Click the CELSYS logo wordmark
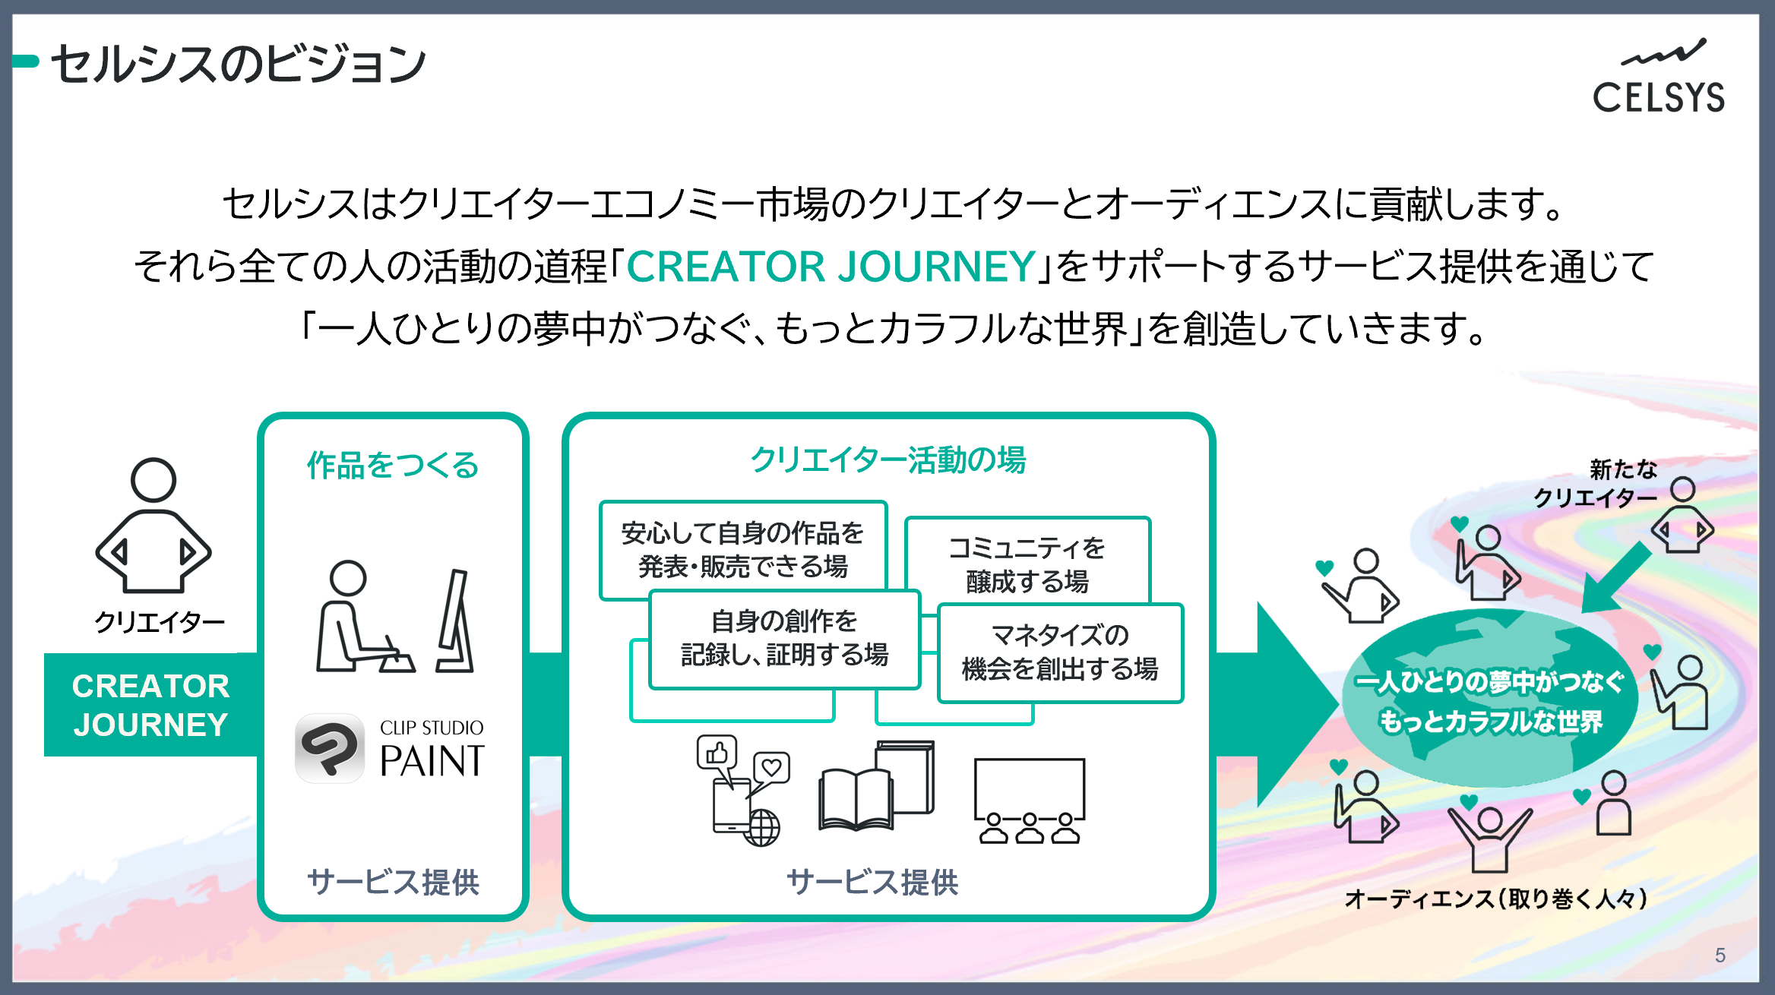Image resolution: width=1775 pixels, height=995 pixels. pyautogui.click(x=1659, y=97)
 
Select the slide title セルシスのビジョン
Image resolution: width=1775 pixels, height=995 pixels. pyautogui.click(x=238, y=64)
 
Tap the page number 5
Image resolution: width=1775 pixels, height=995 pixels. pyautogui.click(x=1720, y=955)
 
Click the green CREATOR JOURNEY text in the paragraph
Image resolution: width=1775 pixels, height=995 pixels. pyautogui.click(x=831, y=266)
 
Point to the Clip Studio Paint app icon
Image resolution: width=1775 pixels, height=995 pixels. pyautogui.click(x=330, y=748)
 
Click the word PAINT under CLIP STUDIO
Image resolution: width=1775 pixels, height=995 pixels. pyautogui.click(x=432, y=761)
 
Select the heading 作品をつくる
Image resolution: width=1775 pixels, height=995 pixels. pyautogui.click(x=393, y=465)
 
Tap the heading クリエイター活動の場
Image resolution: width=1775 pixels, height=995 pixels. pyautogui.click(x=888, y=460)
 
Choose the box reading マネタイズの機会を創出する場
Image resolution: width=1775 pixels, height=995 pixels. pyautogui.click(x=1060, y=652)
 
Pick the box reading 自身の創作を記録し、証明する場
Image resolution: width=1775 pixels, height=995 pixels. pyautogui.click(x=784, y=639)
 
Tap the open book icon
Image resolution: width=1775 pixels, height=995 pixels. pyautogui.click(x=856, y=800)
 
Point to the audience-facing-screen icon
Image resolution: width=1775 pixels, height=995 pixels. pyautogui.click(x=1030, y=801)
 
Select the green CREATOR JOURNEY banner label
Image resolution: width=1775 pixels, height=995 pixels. pyautogui.click(x=150, y=705)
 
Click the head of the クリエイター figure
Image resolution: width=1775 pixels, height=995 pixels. pyautogui.click(x=153, y=480)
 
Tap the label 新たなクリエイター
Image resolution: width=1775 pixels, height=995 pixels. pyautogui.click(x=1595, y=483)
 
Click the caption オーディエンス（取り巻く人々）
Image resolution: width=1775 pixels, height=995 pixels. pyautogui.click(x=1495, y=899)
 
